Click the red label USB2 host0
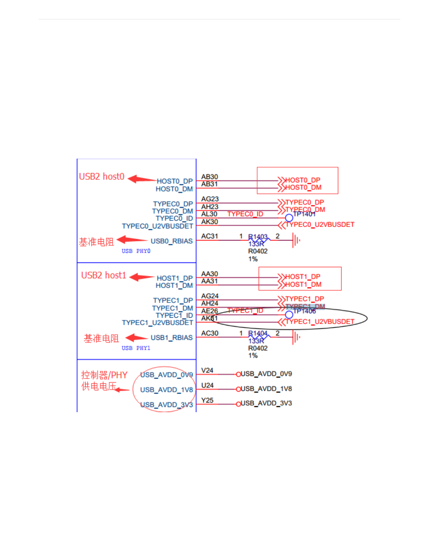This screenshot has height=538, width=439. pyautogui.click(x=101, y=177)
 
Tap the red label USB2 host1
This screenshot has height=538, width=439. pyautogui.click(x=104, y=276)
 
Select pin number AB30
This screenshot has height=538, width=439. pyautogui.click(x=210, y=177)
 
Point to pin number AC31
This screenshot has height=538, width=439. pyautogui.click(x=210, y=236)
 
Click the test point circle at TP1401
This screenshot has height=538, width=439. pyautogui.click(x=289, y=218)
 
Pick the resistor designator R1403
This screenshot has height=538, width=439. pyautogui.click(x=257, y=237)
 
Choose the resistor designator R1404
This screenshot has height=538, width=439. pyautogui.click(x=257, y=333)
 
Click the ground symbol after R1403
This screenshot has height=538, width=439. pyautogui.click(x=296, y=241)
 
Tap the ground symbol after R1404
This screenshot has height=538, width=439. pyautogui.click(x=296, y=337)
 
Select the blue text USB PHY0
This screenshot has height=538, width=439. pyautogui.click(x=136, y=251)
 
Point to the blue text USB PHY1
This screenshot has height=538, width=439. pyautogui.click(x=136, y=348)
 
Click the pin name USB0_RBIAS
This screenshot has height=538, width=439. pyautogui.click(x=172, y=241)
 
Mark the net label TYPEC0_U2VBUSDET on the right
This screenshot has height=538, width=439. pyautogui.click(x=320, y=225)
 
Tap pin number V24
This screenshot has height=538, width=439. pyautogui.click(x=207, y=370)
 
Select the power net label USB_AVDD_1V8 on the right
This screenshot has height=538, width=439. pyautogui.click(x=266, y=389)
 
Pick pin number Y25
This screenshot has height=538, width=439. pyautogui.click(x=207, y=400)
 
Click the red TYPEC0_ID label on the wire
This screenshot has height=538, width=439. pyautogui.click(x=245, y=214)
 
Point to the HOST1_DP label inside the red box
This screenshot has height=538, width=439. pyautogui.click(x=303, y=277)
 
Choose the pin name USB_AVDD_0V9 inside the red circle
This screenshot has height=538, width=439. pyautogui.click(x=166, y=375)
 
